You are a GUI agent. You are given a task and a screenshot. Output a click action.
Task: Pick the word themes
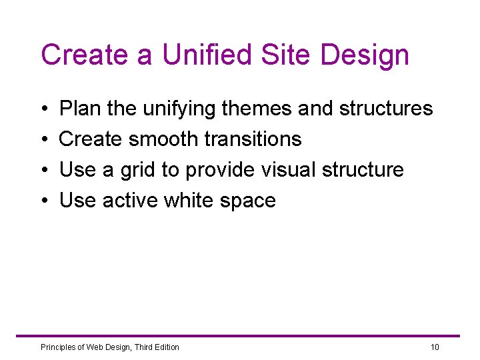point(259,108)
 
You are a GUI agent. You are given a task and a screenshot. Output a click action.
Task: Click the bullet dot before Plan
point(43,109)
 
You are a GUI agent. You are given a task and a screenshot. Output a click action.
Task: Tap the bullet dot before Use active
point(43,201)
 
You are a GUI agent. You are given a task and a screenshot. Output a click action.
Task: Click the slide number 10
point(435,347)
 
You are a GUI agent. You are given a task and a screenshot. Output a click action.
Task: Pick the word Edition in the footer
point(165,347)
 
